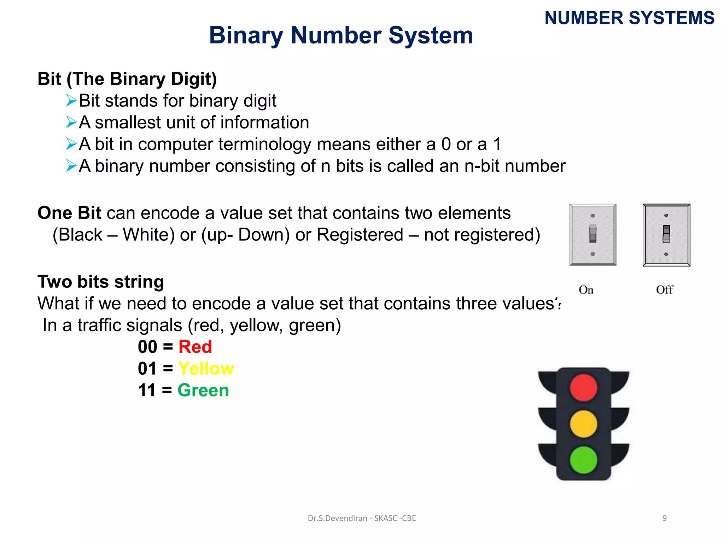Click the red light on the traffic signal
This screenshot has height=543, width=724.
[583, 388]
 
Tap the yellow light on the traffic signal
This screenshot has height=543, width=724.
[583, 424]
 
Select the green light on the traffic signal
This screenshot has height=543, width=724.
[583, 460]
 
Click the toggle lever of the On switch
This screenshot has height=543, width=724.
[593, 234]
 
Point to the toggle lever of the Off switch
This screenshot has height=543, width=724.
[666, 234]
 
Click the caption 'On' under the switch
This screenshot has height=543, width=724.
[586, 290]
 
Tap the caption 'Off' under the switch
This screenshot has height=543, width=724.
[665, 290]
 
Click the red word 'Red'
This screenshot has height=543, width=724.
[195, 347]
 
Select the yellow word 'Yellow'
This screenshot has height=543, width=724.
[206, 369]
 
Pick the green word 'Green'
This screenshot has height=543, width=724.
[203, 391]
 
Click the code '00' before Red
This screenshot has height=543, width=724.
[147, 347]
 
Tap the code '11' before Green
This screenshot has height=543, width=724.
[147, 391]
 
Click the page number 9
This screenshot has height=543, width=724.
[665, 518]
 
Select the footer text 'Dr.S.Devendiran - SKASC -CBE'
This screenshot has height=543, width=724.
[362, 518]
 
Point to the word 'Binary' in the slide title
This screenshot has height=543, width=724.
[246, 36]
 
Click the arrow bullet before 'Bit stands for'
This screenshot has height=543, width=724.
[71, 101]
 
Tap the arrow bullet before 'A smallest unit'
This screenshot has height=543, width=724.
[71, 122]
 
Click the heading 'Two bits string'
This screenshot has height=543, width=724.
[101, 282]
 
